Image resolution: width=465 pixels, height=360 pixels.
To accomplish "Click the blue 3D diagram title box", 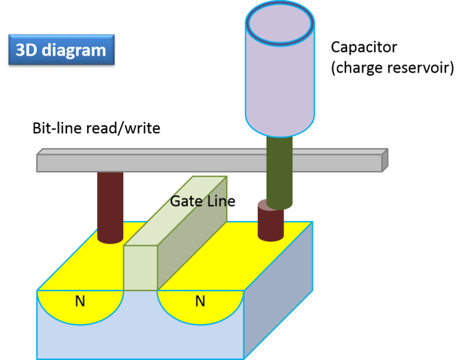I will pos(61,49).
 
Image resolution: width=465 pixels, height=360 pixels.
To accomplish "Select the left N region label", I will pos(80,302).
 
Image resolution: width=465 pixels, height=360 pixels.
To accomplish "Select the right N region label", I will pos(200,302).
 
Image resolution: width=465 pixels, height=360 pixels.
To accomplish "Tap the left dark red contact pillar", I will pos(110,207).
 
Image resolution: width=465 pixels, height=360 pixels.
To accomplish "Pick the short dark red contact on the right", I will pos(270,225).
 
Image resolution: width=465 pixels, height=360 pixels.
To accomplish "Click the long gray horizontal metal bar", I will pos(188,163).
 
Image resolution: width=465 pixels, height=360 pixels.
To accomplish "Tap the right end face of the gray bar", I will pos(385,160).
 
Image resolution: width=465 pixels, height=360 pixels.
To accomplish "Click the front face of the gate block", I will pos(140,268).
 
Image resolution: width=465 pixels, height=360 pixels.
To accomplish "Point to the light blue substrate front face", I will pos(138,341).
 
